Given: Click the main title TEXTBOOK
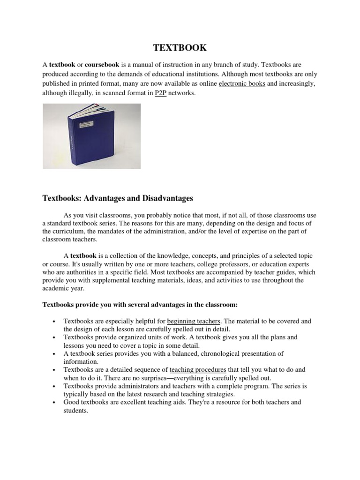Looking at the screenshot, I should click(x=180, y=47).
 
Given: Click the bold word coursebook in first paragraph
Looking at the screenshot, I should click(x=102, y=64).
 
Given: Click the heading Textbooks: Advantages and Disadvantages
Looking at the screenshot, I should click(x=118, y=199).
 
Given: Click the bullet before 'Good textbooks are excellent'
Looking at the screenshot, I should click(x=55, y=403).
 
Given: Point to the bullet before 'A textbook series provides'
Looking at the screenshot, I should click(x=55, y=354).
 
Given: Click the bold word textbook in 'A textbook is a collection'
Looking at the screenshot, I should click(x=83, y=256).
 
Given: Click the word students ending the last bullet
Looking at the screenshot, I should click(x=75, y=410).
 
